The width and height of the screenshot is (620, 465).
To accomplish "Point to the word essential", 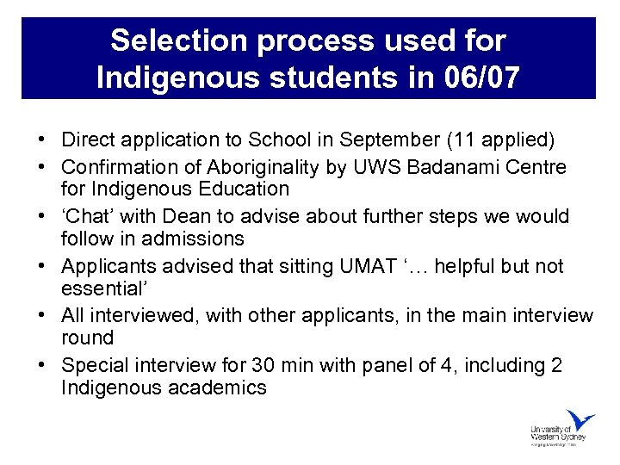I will tap(99, 287).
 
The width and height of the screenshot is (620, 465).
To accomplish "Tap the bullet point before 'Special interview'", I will tap(42, 365).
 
